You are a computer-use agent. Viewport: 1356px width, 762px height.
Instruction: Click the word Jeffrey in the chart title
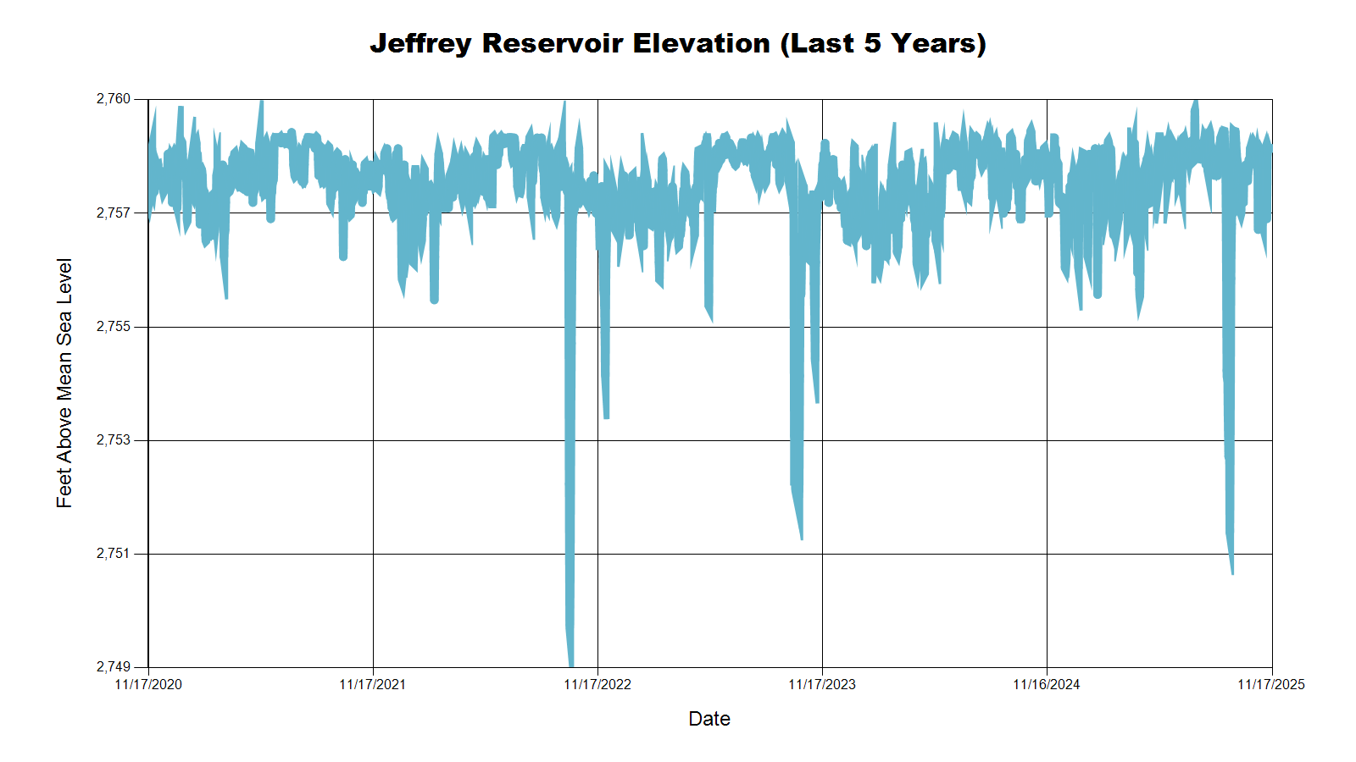(x=420, y=43)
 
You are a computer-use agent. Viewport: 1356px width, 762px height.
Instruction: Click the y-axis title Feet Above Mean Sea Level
(x=64, y=383)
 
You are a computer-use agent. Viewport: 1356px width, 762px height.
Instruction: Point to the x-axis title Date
(x=709, y=719)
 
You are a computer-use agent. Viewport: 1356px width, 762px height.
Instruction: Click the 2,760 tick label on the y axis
(x=114, y=99)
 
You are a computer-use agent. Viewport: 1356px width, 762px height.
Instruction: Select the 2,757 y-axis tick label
(x=114, y=213)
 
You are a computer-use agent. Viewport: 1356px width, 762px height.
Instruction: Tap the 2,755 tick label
(x=114, y=327)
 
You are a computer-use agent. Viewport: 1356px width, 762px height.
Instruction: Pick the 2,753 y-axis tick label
(x=114, y=440)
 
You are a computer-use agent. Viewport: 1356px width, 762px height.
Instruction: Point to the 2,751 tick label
(x=114, y=554)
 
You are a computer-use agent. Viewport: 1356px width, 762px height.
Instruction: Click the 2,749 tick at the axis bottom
(x=114, y=667)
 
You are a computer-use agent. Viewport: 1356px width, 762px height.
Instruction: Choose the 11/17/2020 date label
(x=148, y=684)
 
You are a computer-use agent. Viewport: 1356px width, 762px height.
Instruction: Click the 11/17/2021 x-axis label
(x=373, y=684)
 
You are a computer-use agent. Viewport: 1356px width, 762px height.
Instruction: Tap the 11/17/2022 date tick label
(x=597, y=684)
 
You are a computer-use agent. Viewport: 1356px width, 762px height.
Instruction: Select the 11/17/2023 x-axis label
(x=822, y=684)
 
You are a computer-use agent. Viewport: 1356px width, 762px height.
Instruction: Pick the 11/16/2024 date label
(x=1047, y=684)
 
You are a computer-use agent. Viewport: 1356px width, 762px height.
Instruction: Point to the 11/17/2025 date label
(x=1271, y=684)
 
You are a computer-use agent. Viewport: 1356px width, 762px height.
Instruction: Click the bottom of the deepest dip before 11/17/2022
(x=570, y=665)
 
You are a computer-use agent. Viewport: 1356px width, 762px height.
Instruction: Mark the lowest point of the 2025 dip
(x=1232, y=573)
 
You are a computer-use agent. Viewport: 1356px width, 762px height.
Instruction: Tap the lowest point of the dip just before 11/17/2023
(x=801, y=538)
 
